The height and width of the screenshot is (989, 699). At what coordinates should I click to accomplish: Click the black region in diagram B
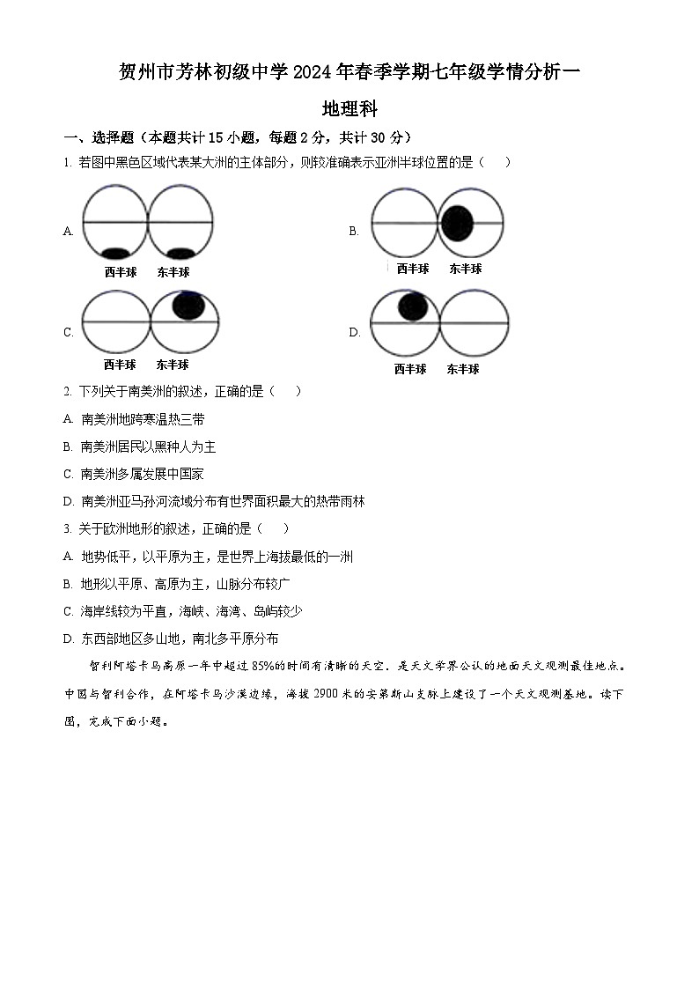[x=457, y=223]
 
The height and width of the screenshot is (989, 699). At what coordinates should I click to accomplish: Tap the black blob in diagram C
[x=189, y=305]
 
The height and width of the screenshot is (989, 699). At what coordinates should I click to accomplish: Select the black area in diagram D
[x=413, y=306]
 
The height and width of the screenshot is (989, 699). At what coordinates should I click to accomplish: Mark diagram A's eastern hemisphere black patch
[x=180, y=254]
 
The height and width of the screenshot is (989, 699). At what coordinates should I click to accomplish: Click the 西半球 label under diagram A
[x=121, y=272]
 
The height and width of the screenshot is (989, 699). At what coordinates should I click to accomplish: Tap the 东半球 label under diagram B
[x=465, y=269]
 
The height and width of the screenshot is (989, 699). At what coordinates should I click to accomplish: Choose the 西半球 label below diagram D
[x=410, y=369]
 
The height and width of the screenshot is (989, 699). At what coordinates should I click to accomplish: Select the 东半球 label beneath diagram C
[x=173, y=364]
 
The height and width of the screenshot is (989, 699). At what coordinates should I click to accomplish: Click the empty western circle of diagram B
[x=404, y=223]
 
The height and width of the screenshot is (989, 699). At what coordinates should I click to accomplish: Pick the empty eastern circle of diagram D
[x=474, y=324]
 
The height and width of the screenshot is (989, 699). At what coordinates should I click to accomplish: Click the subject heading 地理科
[x=349, y=109]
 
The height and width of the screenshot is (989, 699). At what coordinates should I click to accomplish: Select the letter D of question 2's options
[x=69, y=501]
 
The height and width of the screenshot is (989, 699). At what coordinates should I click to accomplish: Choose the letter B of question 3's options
[x=69, y=584]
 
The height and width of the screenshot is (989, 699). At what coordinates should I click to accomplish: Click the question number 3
[x=67, y=528]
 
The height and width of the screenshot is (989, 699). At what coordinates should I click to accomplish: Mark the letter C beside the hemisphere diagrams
[x=69, y=332]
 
